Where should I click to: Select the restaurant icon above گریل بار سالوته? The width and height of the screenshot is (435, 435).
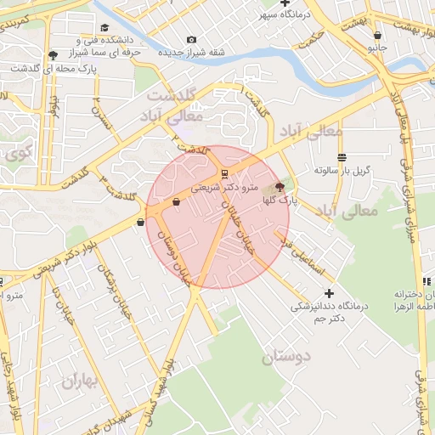342,157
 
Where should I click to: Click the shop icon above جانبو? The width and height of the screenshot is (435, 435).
377,36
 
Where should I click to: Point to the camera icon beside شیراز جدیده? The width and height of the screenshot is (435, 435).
191,39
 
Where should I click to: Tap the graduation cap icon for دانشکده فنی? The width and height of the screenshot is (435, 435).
54,55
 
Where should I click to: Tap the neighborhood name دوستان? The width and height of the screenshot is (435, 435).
286,357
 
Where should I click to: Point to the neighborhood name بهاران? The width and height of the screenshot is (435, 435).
80,381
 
